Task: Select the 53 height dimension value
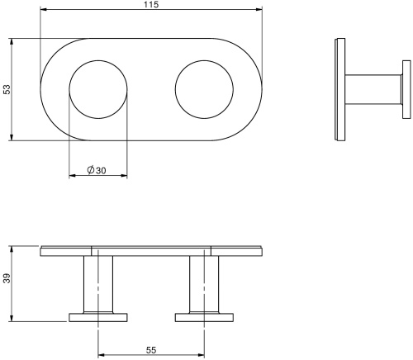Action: (7, 88)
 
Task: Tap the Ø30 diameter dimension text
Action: (97, 170)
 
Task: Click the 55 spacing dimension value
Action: (151, 350)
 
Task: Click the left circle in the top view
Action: (98, 88)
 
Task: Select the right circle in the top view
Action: (205, 88)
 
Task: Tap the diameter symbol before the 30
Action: (90, 170)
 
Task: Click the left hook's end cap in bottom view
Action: (98, 316)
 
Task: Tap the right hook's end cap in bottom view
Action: (204, 316)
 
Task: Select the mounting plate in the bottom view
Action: (151, 249)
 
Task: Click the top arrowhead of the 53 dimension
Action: (12, 40)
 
